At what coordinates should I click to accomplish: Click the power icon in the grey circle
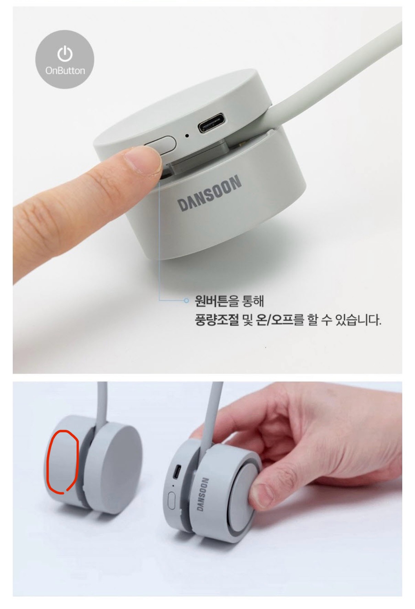tap(65, 54)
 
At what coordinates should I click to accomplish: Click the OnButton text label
tap(65, 71)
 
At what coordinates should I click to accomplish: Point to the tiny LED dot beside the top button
tap(187, 135)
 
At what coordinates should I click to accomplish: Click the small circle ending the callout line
tap(186, 301)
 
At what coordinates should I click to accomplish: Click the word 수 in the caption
tap(326, 320)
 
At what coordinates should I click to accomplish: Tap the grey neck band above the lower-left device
tap(102, 402)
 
